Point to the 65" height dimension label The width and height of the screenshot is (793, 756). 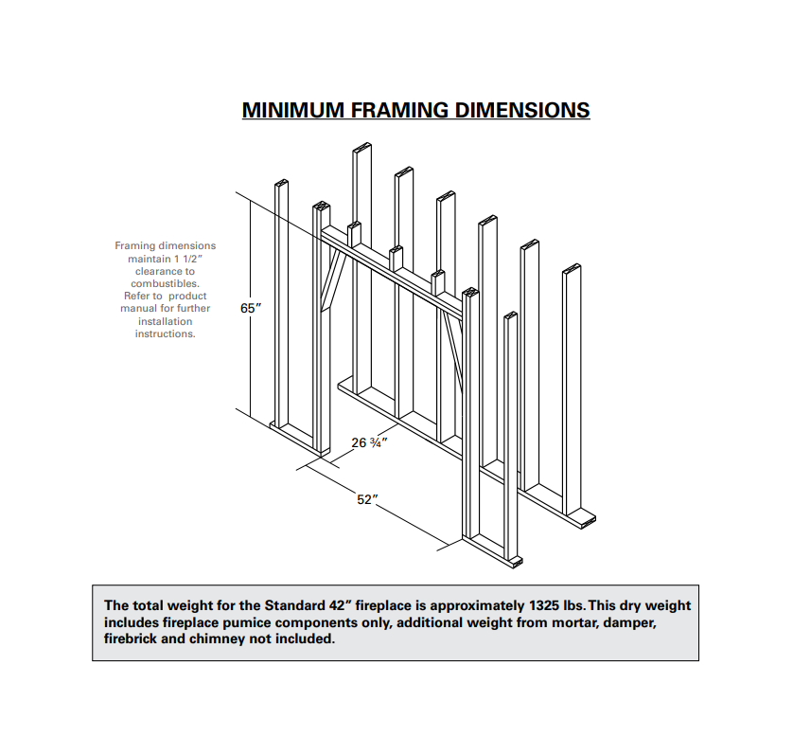coord(251,309)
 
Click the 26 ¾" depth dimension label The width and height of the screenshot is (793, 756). coord(369,442)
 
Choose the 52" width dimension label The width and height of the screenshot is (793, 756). coord(367,499)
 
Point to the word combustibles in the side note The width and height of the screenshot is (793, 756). coord(165,283)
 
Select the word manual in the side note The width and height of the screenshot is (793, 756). coord(138,308)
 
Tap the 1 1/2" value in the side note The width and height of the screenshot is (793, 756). coord(189,259)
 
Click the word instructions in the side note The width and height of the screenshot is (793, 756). coord(165,333)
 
